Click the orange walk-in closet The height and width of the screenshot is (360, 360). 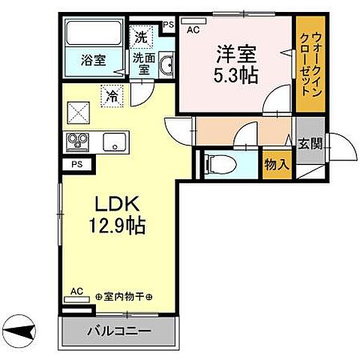pyautogui.click(x=307, y=64)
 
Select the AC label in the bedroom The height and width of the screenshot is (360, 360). pyautogui.click(x=192, y=31)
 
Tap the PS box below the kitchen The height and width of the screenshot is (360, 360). pyautogui.click(x=76, y=163)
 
